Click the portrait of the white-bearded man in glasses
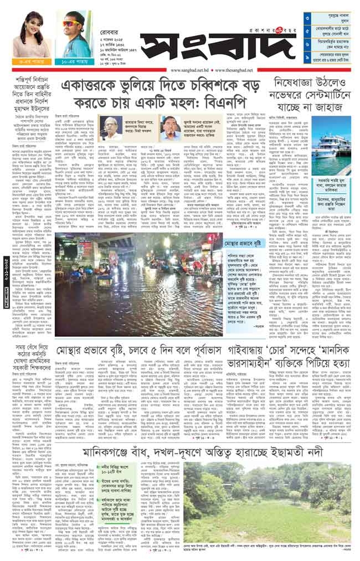pyautogui.click(x=111, y=128)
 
